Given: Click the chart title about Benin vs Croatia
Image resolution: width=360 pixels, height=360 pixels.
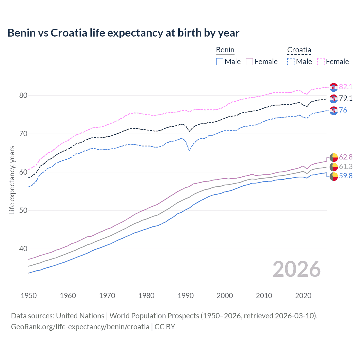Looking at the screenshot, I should coord(123,33).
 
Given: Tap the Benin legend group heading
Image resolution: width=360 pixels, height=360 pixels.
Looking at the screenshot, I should coord(225,50).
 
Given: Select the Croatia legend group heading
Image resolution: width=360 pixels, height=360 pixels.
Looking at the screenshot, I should coord(299,50).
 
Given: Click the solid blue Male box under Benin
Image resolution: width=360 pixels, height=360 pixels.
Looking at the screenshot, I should coord(220,62).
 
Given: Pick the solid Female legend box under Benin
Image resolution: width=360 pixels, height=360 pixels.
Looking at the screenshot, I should coord(249,62).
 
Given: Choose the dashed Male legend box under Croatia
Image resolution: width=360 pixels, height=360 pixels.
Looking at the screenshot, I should coord(291,62).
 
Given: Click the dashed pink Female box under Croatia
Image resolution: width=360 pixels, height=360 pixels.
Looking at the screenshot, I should coord(321,62).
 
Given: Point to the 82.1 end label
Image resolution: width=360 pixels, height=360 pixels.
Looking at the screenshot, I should coord(346,87).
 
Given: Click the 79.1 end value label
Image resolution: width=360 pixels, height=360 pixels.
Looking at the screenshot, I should coord(346,98).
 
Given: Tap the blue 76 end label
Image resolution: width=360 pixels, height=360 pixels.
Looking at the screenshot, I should coord(343,110).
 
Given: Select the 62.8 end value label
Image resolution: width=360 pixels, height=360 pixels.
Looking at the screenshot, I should coord(346,157).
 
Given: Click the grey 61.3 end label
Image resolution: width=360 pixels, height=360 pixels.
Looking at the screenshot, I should coord(346,166).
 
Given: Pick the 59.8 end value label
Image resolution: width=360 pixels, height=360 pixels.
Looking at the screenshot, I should coord(346,176).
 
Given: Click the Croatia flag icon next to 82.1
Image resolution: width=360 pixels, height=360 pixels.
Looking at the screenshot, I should coord(334,87).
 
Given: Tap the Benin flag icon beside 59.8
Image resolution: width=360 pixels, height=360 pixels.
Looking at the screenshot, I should coord(334,177).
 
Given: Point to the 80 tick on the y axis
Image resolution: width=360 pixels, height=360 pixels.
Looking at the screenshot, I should coord(23,96).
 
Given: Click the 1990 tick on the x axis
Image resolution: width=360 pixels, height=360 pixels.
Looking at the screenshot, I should coord(186,296).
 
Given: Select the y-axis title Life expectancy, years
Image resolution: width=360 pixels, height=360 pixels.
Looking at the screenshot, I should coord(12,180).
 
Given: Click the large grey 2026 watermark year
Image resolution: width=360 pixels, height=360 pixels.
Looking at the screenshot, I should coord(296,269).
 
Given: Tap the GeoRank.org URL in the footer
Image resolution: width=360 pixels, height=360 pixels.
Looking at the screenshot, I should coord(80,327).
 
